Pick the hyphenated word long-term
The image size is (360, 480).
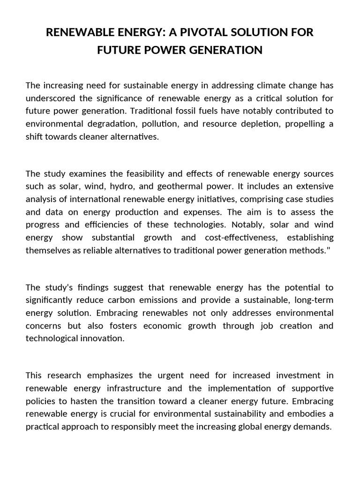pos(316,300)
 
